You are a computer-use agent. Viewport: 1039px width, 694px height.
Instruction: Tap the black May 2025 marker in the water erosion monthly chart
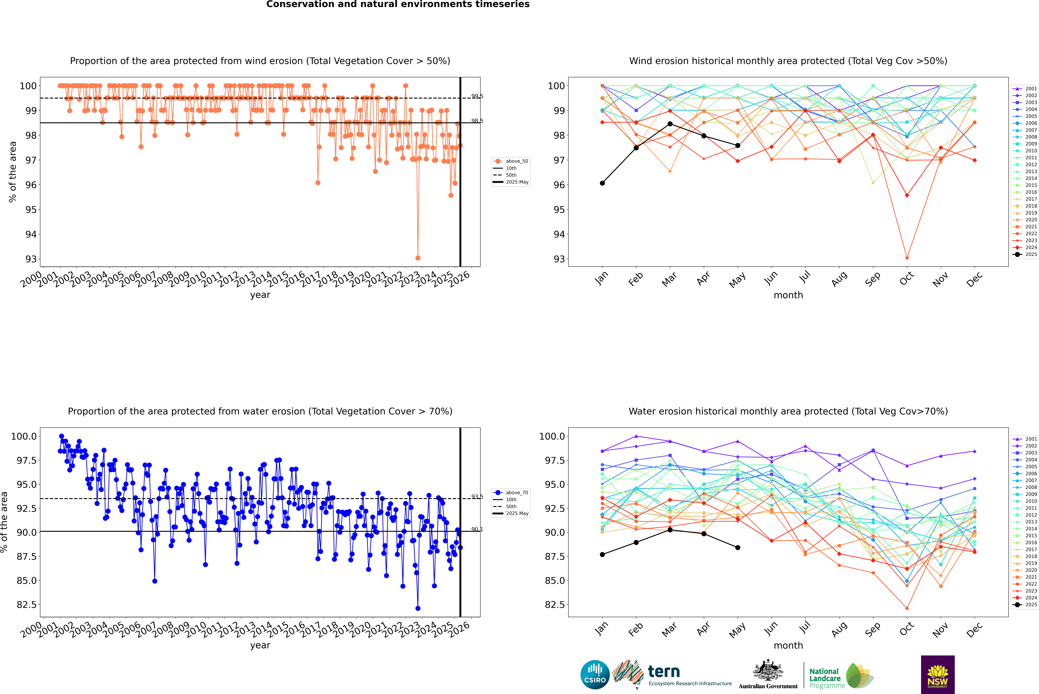click(737, 547)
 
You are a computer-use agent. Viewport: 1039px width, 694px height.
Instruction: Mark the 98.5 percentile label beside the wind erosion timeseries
click(477, 121)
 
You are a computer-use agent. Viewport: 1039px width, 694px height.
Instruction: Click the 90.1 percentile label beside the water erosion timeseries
click(477, 529)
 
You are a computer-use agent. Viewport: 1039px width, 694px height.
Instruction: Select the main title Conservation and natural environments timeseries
click(398, 4)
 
